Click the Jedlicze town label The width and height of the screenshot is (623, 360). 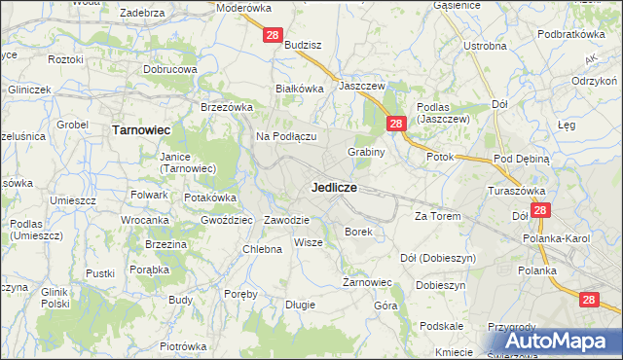[333, 186]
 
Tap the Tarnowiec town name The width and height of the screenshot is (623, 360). [142, 128]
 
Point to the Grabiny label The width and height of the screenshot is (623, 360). [367, 152]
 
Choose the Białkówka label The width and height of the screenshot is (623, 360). [299, 88]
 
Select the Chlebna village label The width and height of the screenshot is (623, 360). [262, 249]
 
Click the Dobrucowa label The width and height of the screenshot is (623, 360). [170, 70]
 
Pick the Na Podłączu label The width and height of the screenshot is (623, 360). [287, 136]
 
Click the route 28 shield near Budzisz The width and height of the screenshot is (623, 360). [274, 36]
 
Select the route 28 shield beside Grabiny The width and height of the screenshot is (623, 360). [396, 124]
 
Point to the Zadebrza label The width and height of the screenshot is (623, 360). [141, 14]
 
